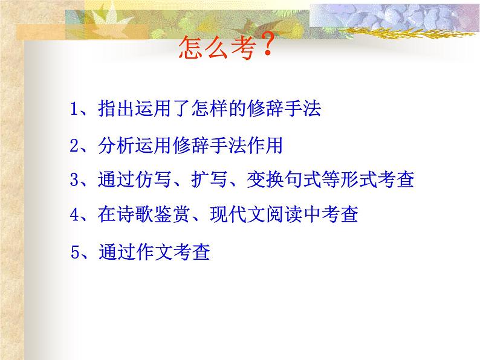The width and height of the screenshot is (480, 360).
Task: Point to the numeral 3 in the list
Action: coord(74,180)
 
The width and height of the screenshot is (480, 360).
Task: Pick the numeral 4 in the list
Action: coord(74,214)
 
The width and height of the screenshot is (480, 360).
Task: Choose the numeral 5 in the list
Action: coord(76,251)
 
